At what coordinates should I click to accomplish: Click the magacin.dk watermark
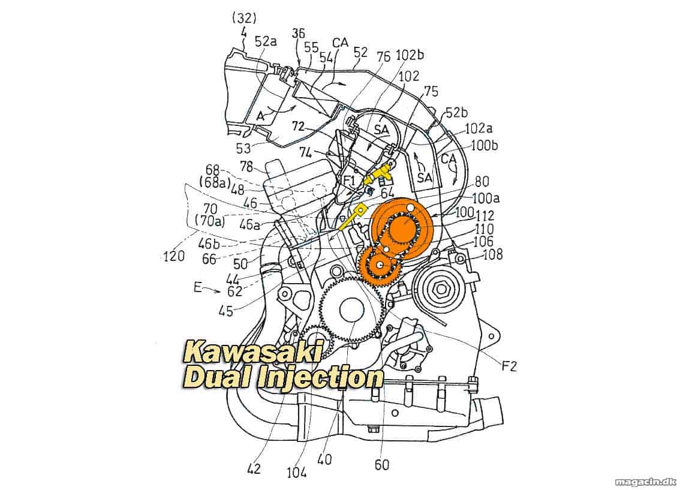coord(645,482)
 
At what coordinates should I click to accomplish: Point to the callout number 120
coord(173,256)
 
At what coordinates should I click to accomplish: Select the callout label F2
coord(509,367)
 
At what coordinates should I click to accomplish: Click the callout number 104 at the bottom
coord(297,472)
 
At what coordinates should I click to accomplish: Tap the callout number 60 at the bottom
coord(381,465)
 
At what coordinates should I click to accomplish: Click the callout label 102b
coord(410,55)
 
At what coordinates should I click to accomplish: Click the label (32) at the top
coord(245,18)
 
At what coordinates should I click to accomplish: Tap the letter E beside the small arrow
coord(198,287)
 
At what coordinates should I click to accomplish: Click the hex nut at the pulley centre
coord(441,288)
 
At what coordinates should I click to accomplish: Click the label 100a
coord(485,198)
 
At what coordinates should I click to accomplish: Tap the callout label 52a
coord(266,41)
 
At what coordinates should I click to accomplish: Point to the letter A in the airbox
coord(260,116)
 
